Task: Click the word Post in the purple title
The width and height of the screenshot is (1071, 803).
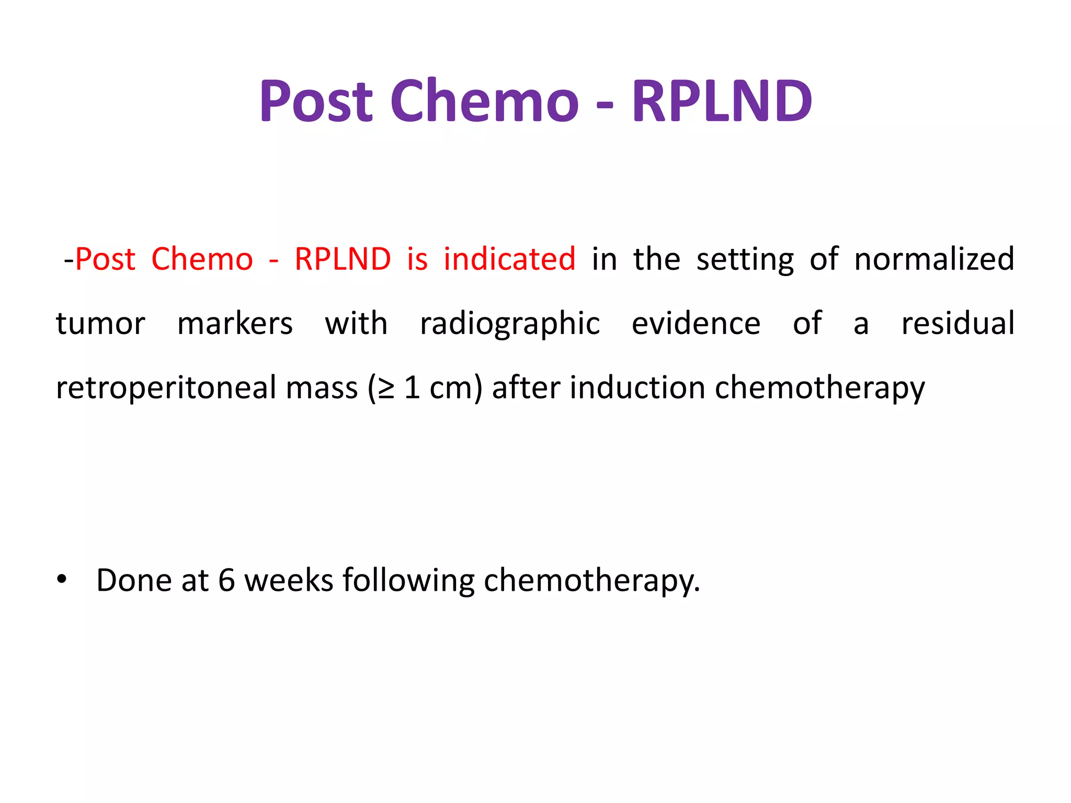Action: tap(316, 101)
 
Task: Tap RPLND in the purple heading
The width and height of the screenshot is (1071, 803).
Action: tap(722, 101)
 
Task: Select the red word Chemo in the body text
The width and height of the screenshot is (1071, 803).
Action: tap(202, 259)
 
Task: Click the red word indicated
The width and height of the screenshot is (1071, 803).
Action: tap(509, 259)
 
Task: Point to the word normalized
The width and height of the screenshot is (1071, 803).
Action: tap(934, 259)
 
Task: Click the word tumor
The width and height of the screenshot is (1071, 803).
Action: tap(100, 323)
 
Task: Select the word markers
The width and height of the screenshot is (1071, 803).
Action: tap(235, 323)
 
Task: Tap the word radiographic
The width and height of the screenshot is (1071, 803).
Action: tap(510, 324)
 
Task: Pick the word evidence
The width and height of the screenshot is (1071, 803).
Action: tap(696, 323)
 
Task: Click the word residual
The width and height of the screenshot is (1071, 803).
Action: tap(958, 323)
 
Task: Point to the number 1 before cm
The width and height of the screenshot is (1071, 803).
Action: tap(412, 388)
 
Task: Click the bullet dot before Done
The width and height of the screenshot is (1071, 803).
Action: tap(62, 579)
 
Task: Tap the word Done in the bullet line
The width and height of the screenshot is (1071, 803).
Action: tap(133, 580)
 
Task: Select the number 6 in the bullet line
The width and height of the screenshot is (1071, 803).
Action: tap(226, 580)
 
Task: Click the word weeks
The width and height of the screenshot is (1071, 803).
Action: tap(289, 580)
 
